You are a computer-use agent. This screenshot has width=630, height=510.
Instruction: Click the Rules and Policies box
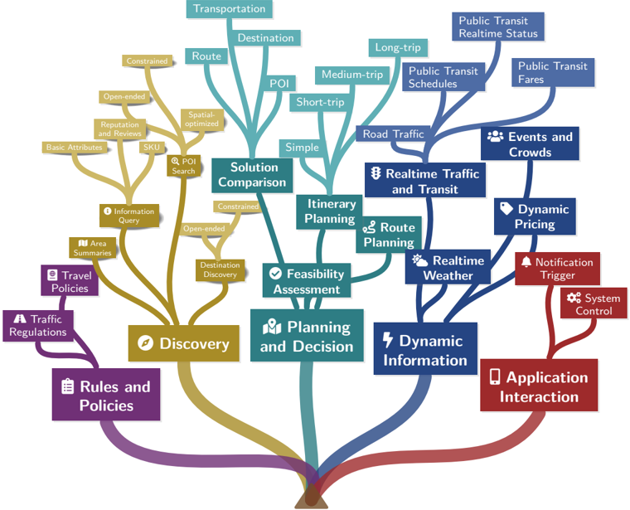(x=105, y=396)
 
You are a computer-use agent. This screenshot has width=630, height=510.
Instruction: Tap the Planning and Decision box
(x=307, y=336)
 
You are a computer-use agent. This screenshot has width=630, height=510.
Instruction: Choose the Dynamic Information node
(x=424, y=350)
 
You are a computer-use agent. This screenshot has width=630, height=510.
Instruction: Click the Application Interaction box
(x=538, y=386)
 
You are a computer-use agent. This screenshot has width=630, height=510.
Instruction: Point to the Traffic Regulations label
(x=38, y=325)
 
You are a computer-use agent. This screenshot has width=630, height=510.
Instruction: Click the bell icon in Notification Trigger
(x=526, y=262)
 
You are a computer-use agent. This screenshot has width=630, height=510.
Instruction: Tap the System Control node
(x=594, y=304)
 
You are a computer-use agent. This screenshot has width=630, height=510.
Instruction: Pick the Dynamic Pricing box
(x=535, y=216)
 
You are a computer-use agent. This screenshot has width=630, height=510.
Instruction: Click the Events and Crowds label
(x=530, y=143)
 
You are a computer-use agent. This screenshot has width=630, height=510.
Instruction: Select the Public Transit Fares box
(x=553, y=72)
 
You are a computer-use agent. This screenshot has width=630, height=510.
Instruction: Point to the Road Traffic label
(x=393, y=134)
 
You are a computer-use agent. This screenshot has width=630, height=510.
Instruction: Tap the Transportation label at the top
(x=230, y=9)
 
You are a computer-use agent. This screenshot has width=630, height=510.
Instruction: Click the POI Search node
(x=183, y=166)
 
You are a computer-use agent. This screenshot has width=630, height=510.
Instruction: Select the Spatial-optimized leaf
(x=202, y=119)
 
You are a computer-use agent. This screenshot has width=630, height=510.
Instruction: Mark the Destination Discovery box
(x=220, y=270)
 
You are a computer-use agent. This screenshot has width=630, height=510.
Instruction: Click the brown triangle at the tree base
(x=311, y=498)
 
